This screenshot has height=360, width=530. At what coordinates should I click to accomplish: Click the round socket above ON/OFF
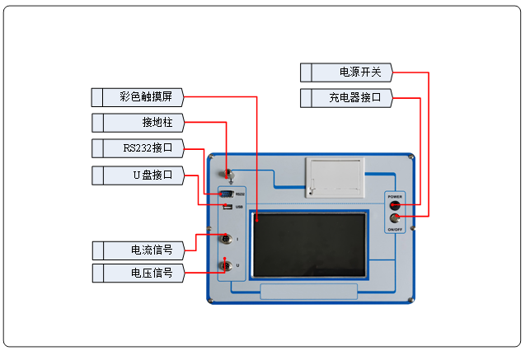tap(396, 217)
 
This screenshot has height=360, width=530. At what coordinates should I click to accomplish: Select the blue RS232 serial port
tap(226, 194)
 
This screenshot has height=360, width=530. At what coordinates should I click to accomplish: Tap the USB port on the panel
tap(226, 206)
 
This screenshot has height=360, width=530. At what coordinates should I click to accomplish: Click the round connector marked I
tap(225, 239)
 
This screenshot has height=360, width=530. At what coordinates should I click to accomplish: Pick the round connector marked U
tap(225, 265)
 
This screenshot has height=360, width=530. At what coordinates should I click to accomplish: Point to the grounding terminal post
tap(231, 175)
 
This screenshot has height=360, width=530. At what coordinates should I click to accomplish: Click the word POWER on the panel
tap(396, 197)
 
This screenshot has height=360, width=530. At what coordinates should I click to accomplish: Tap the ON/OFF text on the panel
tap(396, 228)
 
